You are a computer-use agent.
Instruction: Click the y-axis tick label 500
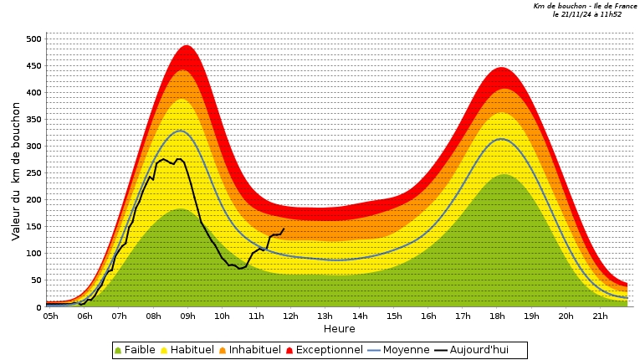pos(33,39)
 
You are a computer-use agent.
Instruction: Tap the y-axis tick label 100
pos(33,254)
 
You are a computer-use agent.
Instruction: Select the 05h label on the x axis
pos(50,316)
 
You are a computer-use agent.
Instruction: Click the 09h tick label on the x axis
pos(187,316)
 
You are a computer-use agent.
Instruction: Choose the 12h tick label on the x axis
pos(290,316)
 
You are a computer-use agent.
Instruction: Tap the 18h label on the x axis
pos(497,316)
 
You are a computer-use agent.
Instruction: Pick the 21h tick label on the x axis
pos(600,316)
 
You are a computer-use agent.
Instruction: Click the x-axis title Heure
pos(339,329)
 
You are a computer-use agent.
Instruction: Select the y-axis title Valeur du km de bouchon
pos(16,171)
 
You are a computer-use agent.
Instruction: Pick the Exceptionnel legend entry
pos(323,350)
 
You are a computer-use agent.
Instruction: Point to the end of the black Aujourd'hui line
pos(284,229)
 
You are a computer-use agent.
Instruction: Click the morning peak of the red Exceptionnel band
pos(187,46)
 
